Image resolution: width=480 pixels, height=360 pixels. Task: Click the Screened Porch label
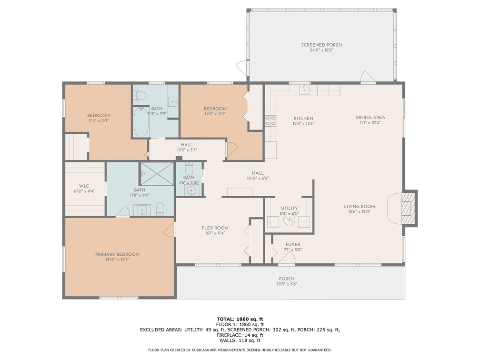(x=321, y=45)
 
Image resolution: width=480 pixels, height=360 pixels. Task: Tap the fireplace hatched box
(x=407, y=209)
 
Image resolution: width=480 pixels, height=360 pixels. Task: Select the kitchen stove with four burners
(x=270, y=120)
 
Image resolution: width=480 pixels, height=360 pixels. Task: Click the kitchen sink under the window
(x=304, y=90)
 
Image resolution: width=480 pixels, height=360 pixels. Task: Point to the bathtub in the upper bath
(x=141, y=121)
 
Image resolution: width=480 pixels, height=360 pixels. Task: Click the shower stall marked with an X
(x=157, y=173)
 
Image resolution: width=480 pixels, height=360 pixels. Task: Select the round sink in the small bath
(x=191, y=190)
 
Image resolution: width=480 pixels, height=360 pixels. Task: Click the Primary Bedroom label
(x=117, y=254)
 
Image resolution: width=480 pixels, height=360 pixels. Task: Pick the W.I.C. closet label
(x=84, y=186)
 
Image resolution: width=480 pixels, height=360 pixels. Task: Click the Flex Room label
(x=215, y=228)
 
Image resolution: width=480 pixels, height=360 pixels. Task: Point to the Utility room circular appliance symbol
(x=289, y=219)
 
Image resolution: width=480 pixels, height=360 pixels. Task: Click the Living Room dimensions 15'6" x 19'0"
(x=360, y=211)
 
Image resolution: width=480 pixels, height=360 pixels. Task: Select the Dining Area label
(x=370, y=118)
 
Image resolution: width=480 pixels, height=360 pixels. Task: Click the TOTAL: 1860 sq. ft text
(x=240, y=319)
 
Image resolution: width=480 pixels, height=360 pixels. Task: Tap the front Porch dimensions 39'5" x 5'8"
(x=287, y=284)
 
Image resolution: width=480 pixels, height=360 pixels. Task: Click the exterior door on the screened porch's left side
(x=242, y=67)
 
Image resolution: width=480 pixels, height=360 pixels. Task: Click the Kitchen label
(x=303, y=119)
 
